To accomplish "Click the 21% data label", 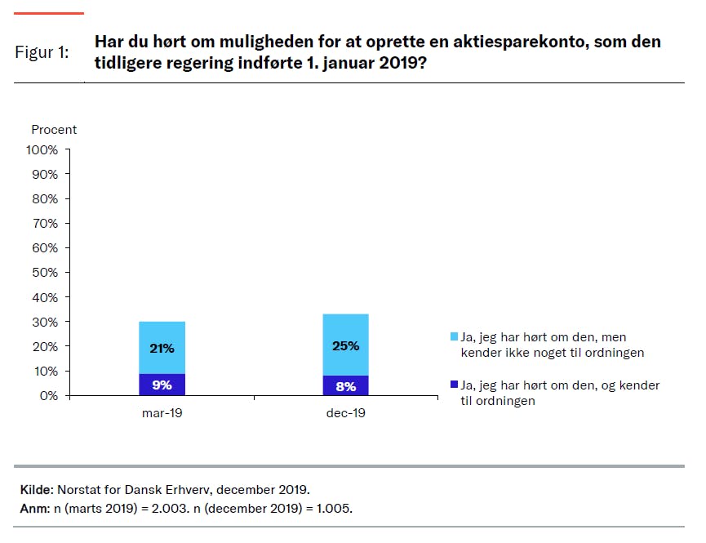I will click(x=162, y=349).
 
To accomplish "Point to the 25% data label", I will click(x=346, y=345).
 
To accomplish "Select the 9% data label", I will click(x=162, y=385).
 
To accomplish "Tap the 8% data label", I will click(x=346, y=386).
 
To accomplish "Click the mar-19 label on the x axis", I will click(x=162, y=414).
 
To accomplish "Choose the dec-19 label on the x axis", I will click(x=346, y=414).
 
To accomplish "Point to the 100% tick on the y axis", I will click(x=42, y=150).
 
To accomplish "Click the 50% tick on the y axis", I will click(x=45, y=273).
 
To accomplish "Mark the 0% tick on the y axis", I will click(x=48, y=396).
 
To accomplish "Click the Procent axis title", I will click(x=54, y=130).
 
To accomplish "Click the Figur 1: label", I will click(x=42, y=52).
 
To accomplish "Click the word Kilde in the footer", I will click(x=36, y=490).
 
